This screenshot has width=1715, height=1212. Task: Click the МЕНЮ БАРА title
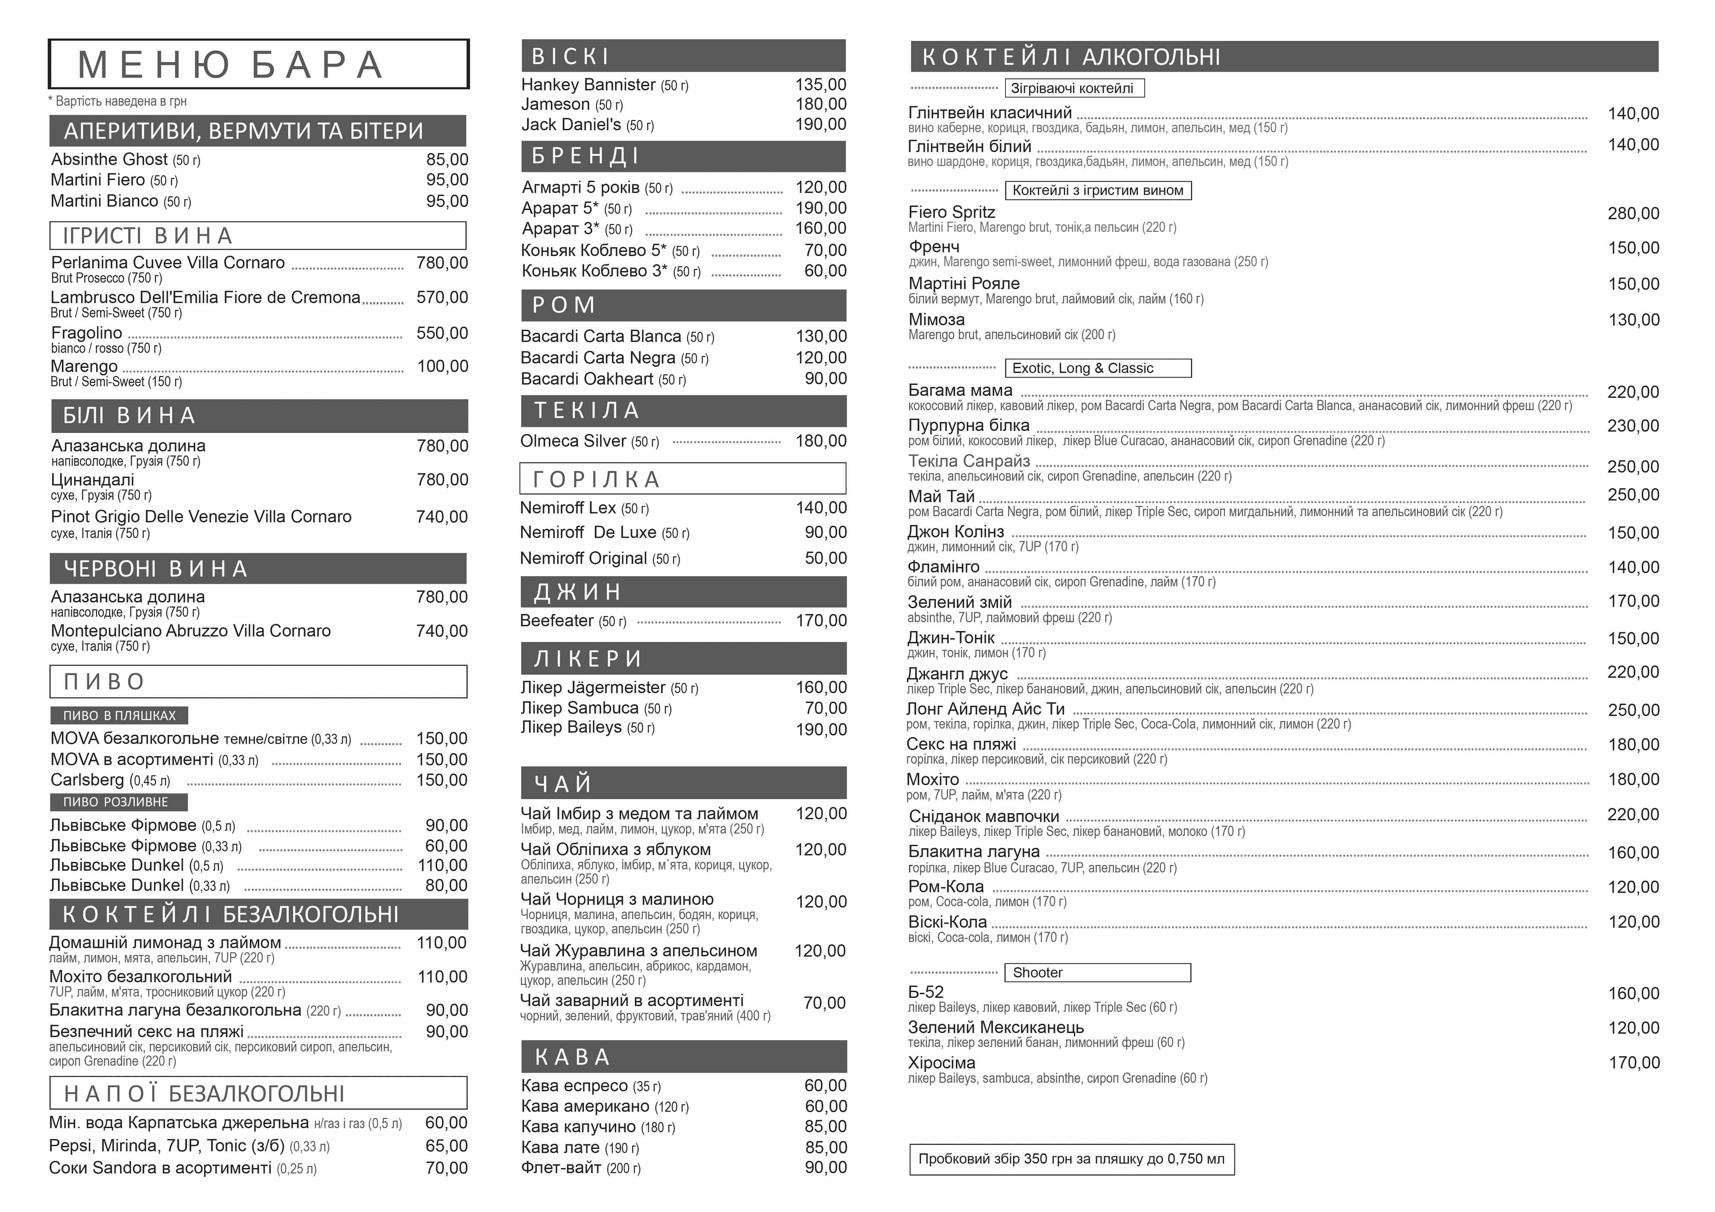tap(232, 65)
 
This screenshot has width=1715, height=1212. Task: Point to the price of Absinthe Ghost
tap(447, 160)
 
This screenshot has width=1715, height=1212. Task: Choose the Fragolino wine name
tap(87, 333)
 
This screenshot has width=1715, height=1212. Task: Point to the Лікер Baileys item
tap(571, 727)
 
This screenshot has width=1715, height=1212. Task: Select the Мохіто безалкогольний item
tap(141, 977)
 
